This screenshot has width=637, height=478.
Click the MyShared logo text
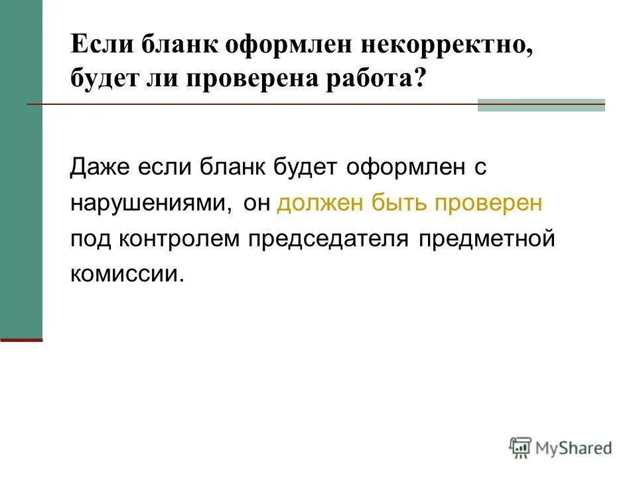pyautogui.click(x=573, y=447)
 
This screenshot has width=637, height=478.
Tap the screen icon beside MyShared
pyautogui.click(x=520, y=447)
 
